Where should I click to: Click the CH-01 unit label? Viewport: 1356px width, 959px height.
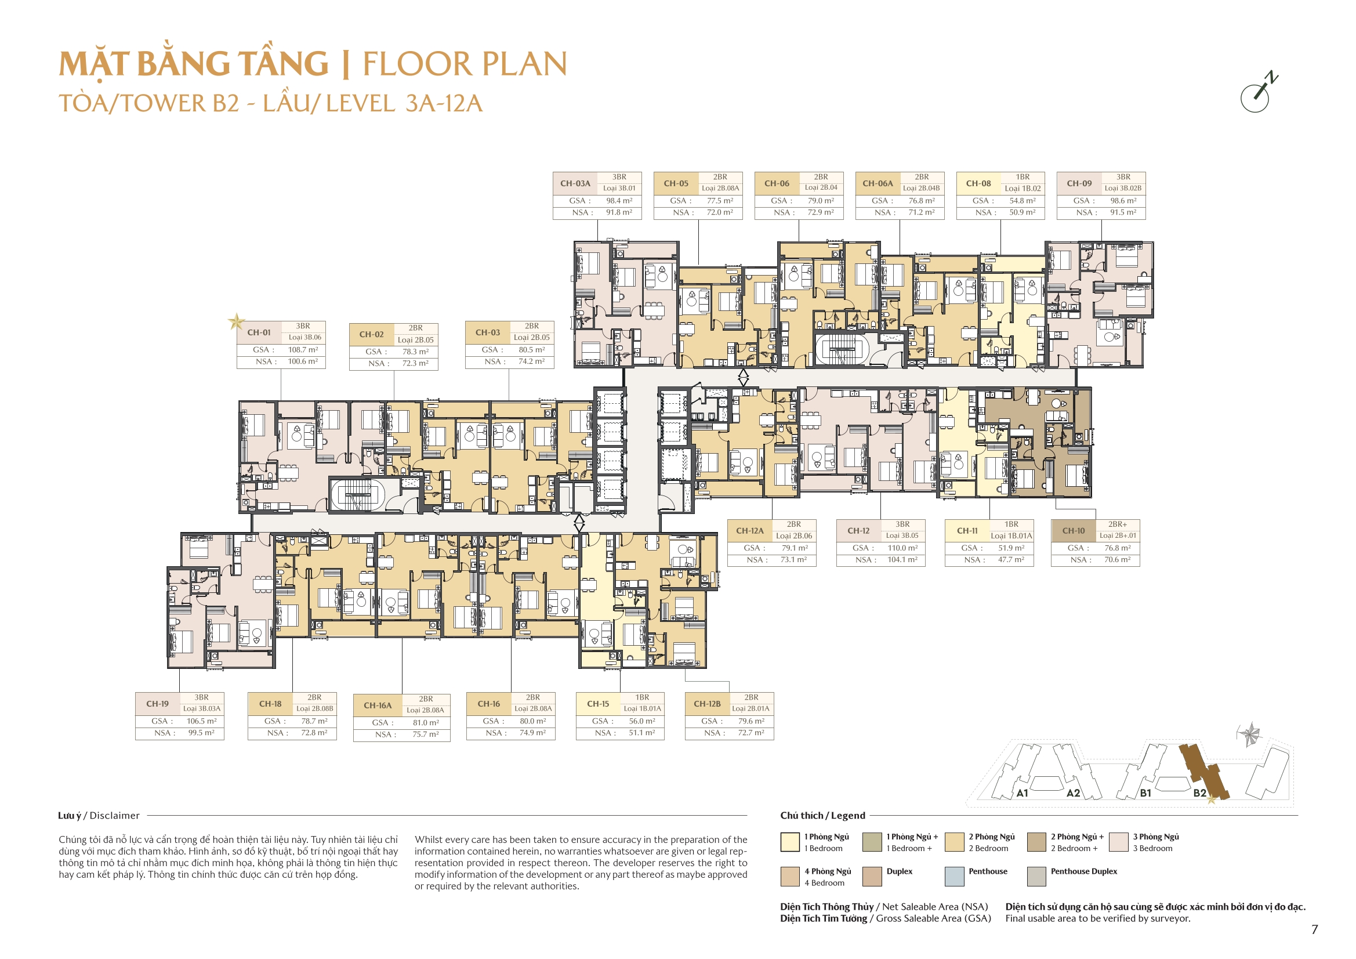(259, 332)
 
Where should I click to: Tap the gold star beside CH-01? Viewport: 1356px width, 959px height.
(236, 322)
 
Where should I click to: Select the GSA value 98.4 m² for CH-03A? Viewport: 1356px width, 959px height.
(619, 201)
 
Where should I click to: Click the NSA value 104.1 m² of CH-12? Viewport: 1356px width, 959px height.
(902, 560)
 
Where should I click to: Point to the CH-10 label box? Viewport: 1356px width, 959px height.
(1074, 531)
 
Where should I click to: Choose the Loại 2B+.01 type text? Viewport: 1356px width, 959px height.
(1118, 536)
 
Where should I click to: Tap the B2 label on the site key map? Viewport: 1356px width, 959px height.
(1199, 793)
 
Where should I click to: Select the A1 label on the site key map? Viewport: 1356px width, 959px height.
(1023, 794)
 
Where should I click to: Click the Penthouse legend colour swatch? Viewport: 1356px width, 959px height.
(955, 876)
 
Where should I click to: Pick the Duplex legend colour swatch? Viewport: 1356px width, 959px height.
(872, 876)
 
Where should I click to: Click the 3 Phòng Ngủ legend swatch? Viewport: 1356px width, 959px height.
(1119, 842)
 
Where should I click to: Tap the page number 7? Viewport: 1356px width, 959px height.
(1314, 929)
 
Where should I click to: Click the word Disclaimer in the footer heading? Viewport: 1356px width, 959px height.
(115, 816)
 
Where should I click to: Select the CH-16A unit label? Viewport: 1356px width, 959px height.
(378, 705)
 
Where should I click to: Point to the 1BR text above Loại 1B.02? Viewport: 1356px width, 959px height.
(1023, 177)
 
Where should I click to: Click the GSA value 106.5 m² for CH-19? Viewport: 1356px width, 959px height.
(201, 721)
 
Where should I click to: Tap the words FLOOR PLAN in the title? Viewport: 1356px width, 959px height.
(465, 64)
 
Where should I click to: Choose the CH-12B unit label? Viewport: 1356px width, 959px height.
(707, 704)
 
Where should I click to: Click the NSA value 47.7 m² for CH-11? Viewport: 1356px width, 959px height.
(1011, 560)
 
